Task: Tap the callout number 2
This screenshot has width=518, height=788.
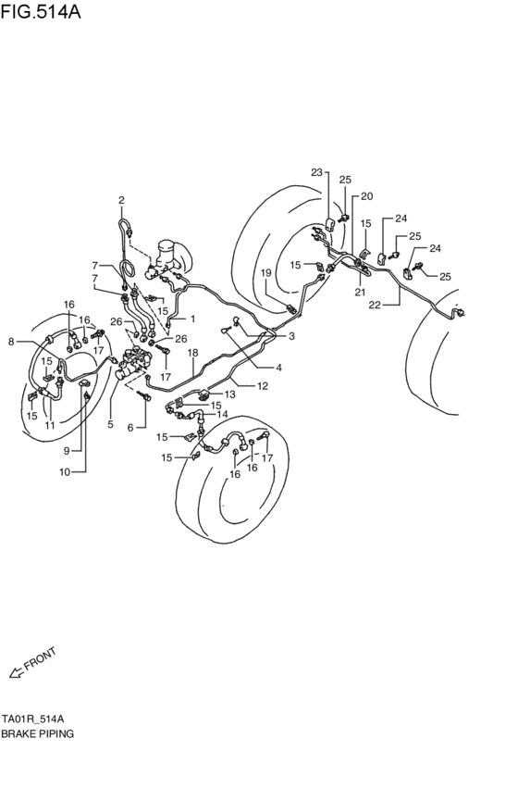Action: pyautogui.click(x=120, y=200)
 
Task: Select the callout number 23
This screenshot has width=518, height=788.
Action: pyautogui.click(x=316, y=172)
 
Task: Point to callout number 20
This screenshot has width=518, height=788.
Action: pyautogui.click(x=367, y=196)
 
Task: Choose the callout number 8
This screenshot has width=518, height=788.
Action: pyautogui.click(x=10, y=342)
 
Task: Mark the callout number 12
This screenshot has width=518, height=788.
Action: pyautogui.click(x=263, y=385)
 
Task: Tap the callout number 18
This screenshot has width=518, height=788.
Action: pyautogui.click(x=193, y=353)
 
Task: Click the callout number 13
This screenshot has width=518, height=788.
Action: pyautogui.click(x=229, y=394)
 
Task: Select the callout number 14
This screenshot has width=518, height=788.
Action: pyautogui.click(x=222, y=415)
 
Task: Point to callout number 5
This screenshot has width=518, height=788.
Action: pyautogui.click(x=111, y=424)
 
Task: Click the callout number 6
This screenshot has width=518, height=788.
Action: pyautogui.click(x=129, y=427)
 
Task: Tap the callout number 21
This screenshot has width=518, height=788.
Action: pyautogui.click(x=361, y=292)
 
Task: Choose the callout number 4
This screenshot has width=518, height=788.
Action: pyautogui.click(x=252, y=367)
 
